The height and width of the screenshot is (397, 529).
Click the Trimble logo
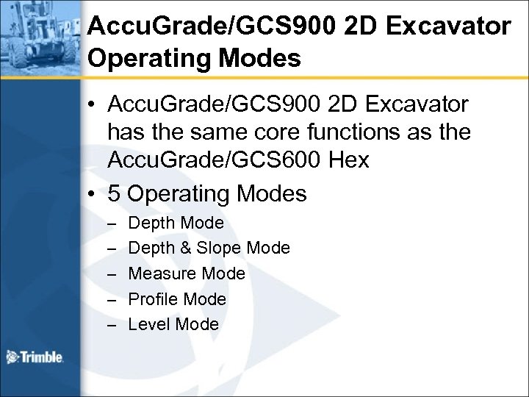click(x=35, y=358)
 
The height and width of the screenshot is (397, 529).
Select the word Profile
click(x=152, y=299)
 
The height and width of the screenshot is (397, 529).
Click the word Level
click(x=147, y=324)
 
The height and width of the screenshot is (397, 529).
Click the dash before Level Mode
click(x=111, y=324)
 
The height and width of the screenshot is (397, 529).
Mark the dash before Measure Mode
click(x=111, y=274)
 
